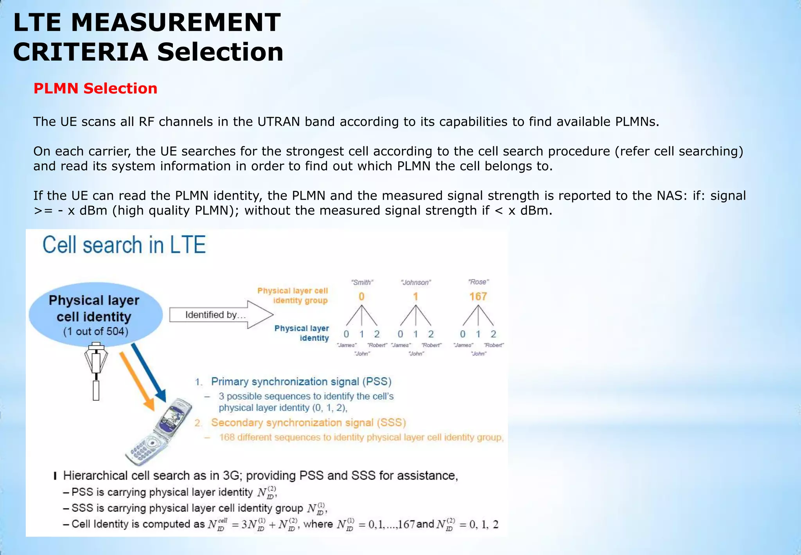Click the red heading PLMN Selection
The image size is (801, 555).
click(95, 88)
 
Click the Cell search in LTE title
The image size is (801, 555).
click(124, 245)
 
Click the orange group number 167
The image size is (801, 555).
click(478, 297)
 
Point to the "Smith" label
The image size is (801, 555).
click(362, 282)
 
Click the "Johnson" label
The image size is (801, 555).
click(416, 282)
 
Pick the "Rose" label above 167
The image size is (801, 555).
click(478, 282)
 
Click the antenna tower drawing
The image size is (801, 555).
click(96, 370)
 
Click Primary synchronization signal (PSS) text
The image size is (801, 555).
click(301, 382)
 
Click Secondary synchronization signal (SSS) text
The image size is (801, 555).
click(308, 423)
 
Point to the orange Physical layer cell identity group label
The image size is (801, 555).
click(293, 296)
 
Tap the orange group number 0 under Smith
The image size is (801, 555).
click(361, 297)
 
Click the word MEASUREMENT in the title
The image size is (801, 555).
click(176, 22)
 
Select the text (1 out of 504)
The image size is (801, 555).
click(95, 332)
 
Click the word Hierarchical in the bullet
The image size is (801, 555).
click(95, 476)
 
